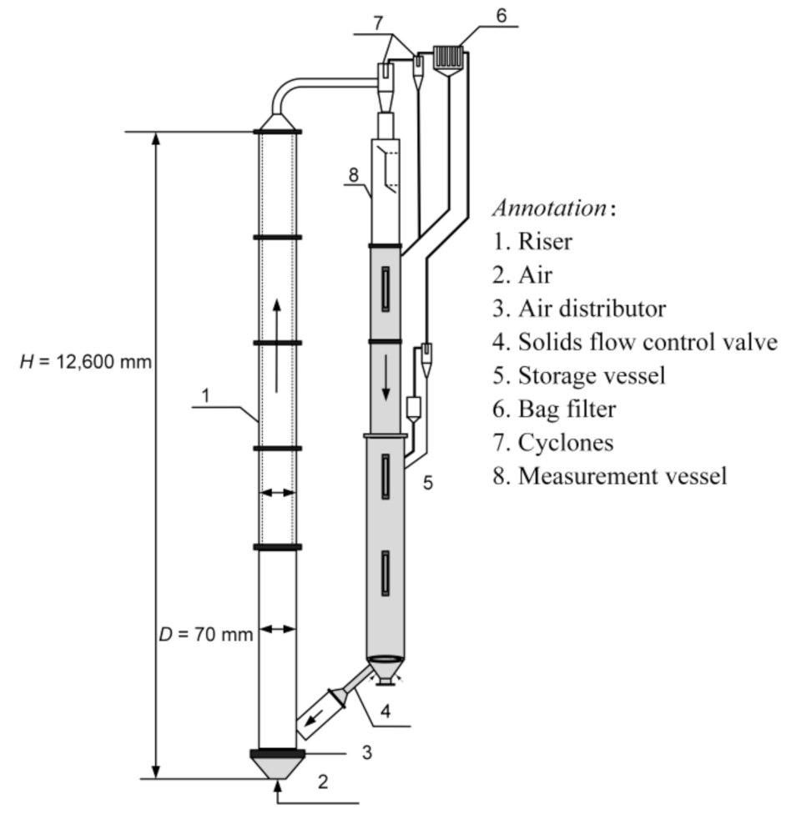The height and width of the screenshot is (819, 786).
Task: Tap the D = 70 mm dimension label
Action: pyautogui.click(x=205, y=634)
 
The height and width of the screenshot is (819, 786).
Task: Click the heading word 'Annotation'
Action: pyautogui.click(x=551, y=208)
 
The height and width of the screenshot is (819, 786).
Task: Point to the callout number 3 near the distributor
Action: pyautogui.click(x=366, y=752)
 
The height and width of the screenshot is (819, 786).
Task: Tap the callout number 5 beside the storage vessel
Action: pyautogui.click(x=427, y=482)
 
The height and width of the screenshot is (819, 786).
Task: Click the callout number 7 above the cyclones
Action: pyautogui.click(x=380, y=23)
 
